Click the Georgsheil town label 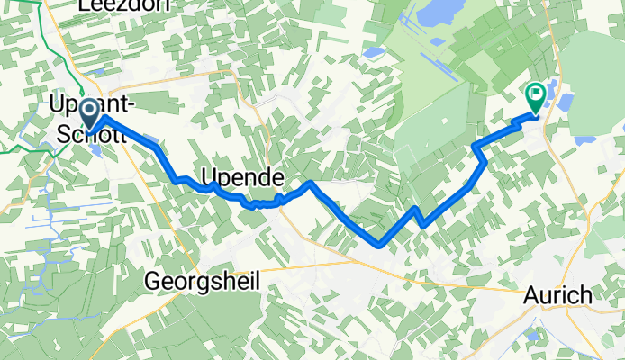pos(203,281)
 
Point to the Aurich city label pos(558,294)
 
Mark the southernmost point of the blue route pos(381,244)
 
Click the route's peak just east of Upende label pos(311,183)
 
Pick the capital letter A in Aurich pos(532,294)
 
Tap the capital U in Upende pos(210,175)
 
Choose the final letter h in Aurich pos(585,294)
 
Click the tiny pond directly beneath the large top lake pos(373,52)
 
